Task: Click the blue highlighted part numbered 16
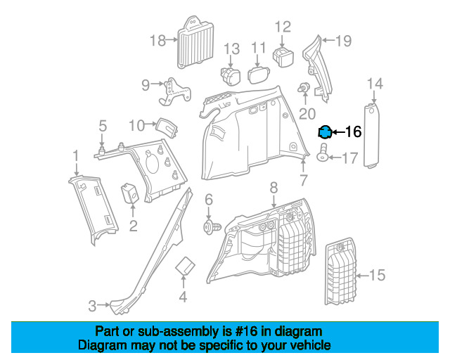[x=325, y=131]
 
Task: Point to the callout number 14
[x=375, y=84]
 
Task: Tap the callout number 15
[x=377, y=275]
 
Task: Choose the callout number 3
[x=92, y=306]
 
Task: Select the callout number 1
[x=75, y=154]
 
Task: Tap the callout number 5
[x=102, y=127]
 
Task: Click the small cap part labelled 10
[x=167, y=129]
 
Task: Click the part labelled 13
[x=231, y=75]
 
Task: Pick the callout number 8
[x=274, y=188]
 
